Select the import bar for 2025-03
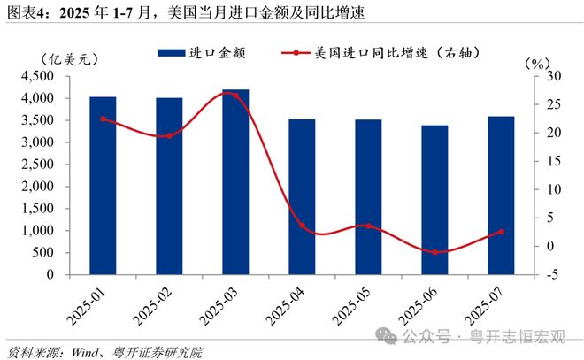[235, 182]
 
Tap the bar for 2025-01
[103, 186]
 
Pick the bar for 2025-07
[501, 195]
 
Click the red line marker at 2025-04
[302, 226]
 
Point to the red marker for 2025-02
[169, 135]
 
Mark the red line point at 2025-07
[501, 232]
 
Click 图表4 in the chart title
[27, 13]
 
